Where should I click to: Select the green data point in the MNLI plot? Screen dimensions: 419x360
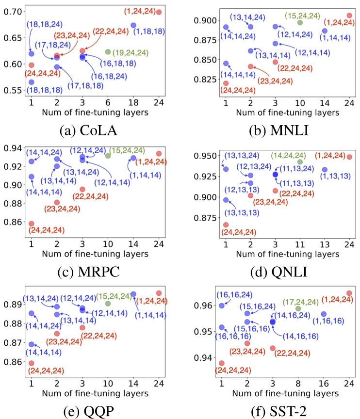300,23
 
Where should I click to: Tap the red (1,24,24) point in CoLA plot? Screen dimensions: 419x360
159,12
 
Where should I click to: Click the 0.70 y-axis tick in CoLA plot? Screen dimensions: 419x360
12,11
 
